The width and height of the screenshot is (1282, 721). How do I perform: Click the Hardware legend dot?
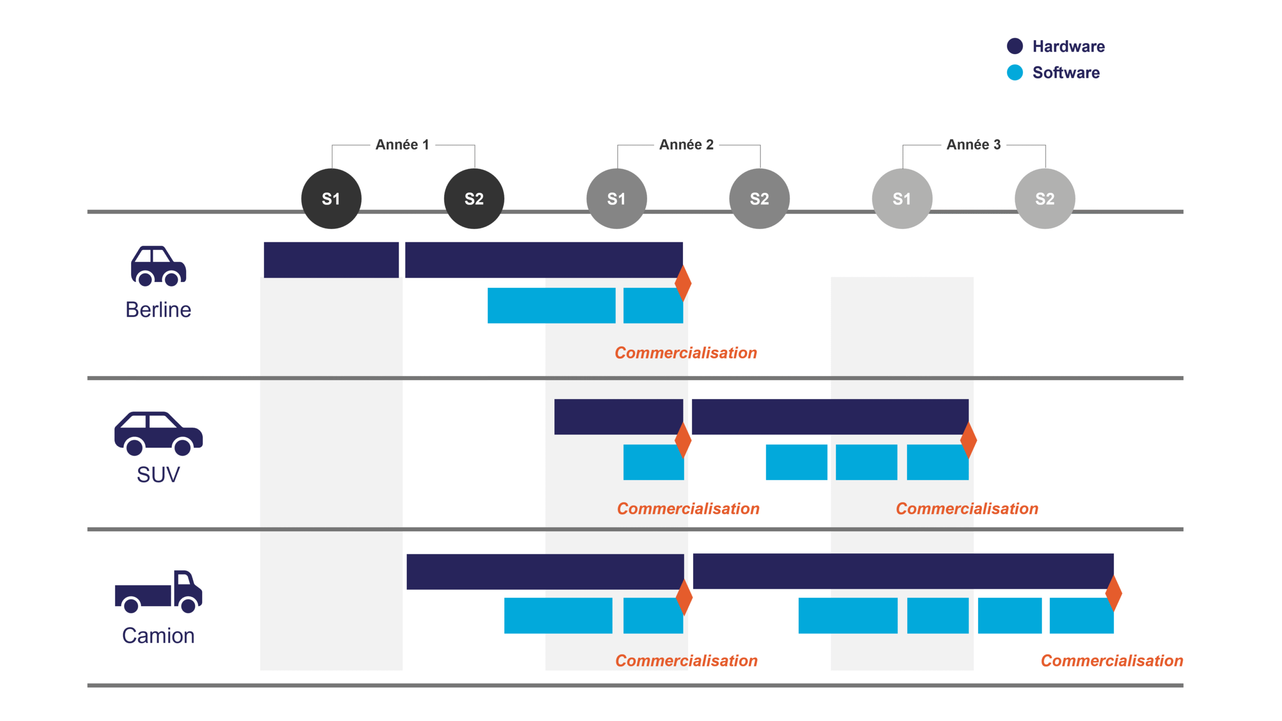pyautogui.click(x=1015, y=46)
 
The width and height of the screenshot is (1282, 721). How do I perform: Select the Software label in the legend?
pyautogui.click(x=1066, y=73)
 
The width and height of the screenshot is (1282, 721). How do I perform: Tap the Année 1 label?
pyautogui.click(x=402, y=145)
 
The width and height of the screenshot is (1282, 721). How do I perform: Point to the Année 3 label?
pyautogui.click(x=973, y=145)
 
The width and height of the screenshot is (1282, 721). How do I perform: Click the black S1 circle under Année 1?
pyautogui.click(x=331, y=199)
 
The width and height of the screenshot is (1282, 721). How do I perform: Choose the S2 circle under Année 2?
pyautogui.click(x=759, y=199)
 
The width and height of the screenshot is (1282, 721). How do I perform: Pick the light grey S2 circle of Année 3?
pyautogui.click(x=1045, y=199)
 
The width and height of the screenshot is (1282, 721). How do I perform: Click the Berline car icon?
pyautogui.click(x=158, y=266)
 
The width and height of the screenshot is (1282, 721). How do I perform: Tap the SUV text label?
pyautogui.click(x=158, y=474)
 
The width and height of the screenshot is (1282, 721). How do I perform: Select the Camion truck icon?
pyautogui.click(x=158, y=591)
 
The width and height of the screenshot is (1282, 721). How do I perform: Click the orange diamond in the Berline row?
pyautogui.click(x=683, y=283)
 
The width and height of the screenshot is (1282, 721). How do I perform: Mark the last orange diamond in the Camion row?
pyautogui.click(x=1113, y=593)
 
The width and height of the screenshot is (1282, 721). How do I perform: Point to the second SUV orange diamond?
pyautogui.click(x=969, y=440)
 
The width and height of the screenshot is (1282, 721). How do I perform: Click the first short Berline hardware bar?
pyautogui.click(x=331, y=260)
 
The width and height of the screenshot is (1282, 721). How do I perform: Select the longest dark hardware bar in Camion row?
pyautogui.click(x=903, y=571)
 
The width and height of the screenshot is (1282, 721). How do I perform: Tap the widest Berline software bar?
pyautogui.click(x=551, y=305)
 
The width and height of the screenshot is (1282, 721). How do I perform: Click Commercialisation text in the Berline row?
pyautogui.click(x=686, y=353)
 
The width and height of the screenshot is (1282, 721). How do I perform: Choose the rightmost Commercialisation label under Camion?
pyautogui.click(x=1112, y=661)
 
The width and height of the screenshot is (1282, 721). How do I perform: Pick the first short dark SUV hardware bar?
pyautogui.click(x=618, y=417)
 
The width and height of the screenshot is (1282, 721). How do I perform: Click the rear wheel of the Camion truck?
pyautogui.click(x=131, y=605)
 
